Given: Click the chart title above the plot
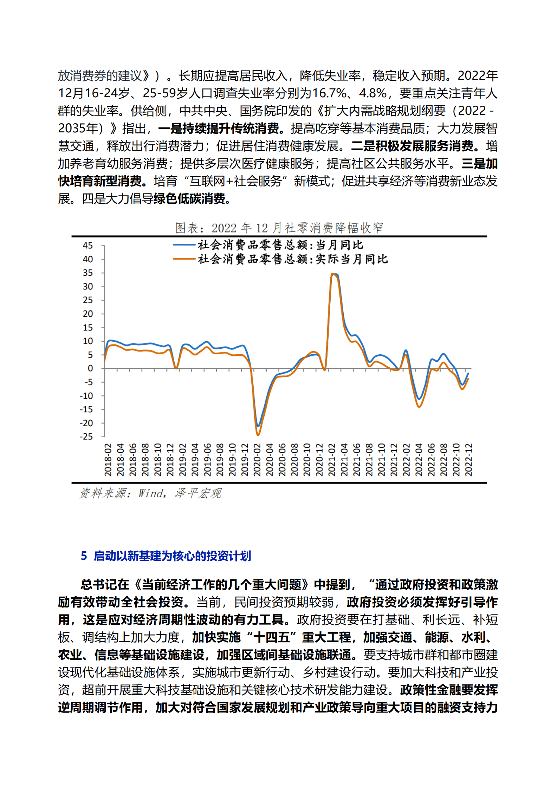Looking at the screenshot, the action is point(279,228).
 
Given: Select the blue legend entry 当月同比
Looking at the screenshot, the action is point(280,245).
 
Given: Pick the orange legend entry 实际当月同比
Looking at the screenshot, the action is point(292,259).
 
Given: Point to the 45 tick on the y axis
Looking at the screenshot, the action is point(88,245).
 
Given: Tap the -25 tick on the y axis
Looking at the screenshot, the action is point(86,436).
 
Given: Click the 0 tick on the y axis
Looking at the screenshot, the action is point(90,368).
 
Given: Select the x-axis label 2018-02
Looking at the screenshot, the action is point(108,460).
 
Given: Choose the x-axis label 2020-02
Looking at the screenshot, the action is point(257,460).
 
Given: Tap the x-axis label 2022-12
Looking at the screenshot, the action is point(468,460).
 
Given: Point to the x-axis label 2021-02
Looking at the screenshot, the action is point(332,460).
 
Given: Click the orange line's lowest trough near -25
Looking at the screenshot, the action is point(258,435).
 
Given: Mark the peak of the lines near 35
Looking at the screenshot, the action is point(333,274).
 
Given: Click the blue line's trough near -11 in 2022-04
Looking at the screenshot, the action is point(419,399).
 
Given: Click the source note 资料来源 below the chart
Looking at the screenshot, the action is point(150,493).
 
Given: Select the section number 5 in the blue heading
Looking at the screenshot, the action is point(84,556).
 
